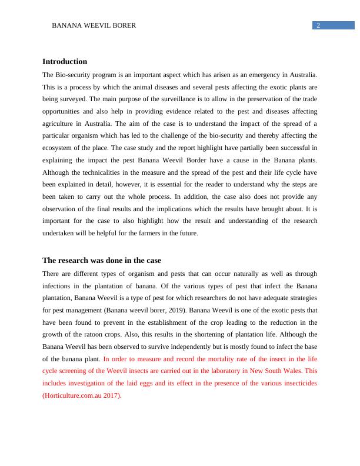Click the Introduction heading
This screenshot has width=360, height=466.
tap(65, 62)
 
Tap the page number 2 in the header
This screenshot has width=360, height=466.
tap(318, 25)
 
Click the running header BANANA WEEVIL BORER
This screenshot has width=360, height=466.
tap(94, 26)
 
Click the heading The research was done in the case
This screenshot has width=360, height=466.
tap(102, 261)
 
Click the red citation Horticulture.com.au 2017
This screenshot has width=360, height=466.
tap(81, 396)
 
